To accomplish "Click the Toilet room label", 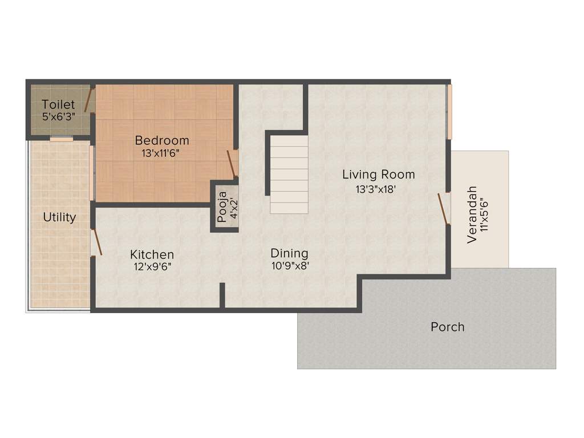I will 58,105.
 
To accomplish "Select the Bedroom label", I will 162,140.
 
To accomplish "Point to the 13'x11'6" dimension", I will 162,153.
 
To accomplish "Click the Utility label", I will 59,217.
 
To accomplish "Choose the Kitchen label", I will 152,254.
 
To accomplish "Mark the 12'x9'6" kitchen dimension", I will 152,266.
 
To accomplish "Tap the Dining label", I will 289,253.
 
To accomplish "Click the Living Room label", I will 378,175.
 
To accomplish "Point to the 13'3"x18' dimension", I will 376,189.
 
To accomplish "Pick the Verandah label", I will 472,214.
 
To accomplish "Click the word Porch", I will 447,327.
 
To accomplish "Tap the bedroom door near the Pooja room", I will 232,164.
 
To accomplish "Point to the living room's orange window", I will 449,112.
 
